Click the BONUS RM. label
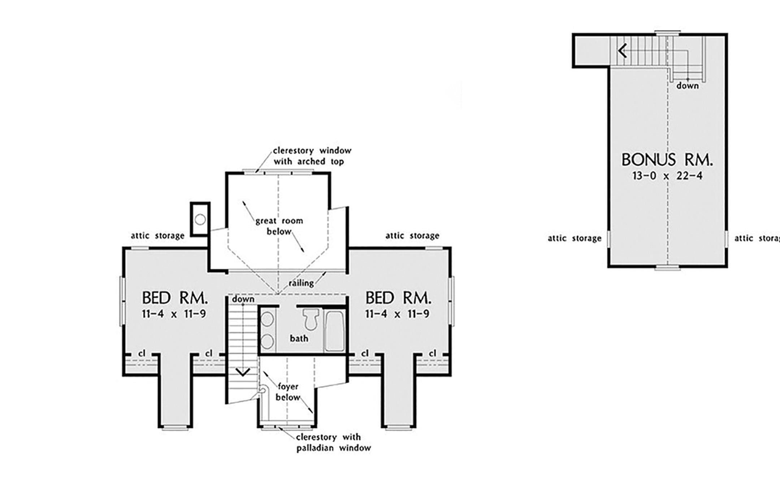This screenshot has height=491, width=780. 667,160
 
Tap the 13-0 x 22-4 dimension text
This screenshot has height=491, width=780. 667,176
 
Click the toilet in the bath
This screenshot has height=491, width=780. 311,319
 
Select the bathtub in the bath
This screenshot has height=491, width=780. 334,331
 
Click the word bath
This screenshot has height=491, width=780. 299,338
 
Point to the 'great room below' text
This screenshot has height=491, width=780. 279,226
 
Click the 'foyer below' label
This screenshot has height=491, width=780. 288,392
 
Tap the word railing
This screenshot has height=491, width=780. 301,283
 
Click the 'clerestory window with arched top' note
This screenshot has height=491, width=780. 312,156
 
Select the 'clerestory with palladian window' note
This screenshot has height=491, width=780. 333,443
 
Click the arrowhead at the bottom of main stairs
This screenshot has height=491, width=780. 243,372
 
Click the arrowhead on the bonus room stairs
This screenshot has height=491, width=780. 622,51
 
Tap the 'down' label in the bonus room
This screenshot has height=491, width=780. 688,86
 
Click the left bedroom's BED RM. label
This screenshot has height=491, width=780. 175,298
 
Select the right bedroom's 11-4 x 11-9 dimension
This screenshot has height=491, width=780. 397,314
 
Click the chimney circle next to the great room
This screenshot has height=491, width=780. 200,219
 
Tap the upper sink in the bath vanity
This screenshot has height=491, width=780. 267,319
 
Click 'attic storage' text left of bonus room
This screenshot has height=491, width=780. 574,238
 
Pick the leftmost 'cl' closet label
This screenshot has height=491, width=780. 142,354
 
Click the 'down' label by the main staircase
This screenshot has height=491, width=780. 243,299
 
